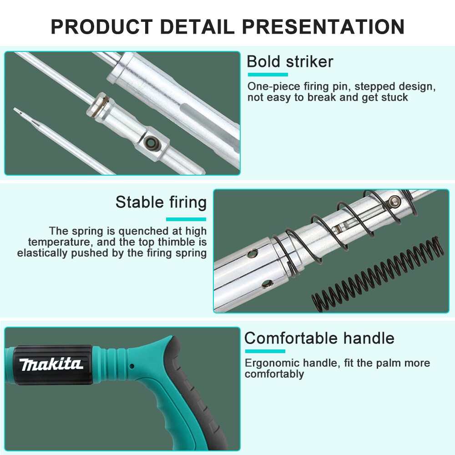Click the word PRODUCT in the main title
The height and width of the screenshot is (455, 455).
click(102, 26)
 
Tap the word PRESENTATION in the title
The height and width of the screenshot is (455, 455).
click(323, 26)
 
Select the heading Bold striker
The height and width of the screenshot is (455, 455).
click(290, 61)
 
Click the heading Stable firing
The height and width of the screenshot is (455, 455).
click(161, 202)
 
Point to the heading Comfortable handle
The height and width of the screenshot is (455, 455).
click(319, 339)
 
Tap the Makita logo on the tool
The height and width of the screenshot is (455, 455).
click(51, 364)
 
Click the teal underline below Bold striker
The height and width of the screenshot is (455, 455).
click(268, 75)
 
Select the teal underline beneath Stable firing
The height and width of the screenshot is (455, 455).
click(186, 219)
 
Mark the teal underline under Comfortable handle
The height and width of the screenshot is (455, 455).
click(265, 351)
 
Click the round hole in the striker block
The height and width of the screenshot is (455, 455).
click(150, 142)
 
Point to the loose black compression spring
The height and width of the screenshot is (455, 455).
click(377, 274)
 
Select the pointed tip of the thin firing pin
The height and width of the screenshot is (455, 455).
click(15, 109)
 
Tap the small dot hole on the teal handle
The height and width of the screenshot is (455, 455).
click(131, 366)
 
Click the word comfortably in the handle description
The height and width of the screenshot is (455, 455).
click(274, 374)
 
